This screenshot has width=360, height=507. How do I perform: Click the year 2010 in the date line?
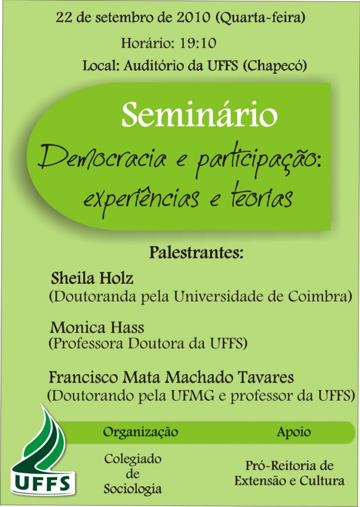(x=193, y=17)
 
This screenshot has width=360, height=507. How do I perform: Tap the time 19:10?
(x=198, y=43)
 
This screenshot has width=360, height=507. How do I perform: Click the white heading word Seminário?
(x=199, y=114)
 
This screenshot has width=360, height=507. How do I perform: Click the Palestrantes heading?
(x=196, y=253)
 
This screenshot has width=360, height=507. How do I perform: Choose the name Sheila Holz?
(x=92, y=278)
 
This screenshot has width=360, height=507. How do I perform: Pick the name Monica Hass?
(x=97, y=328)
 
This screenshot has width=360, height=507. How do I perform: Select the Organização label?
(x=141, y=432)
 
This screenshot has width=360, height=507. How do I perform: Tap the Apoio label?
(x=293, y=432)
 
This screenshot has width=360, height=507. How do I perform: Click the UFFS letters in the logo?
(x=43, y=484)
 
